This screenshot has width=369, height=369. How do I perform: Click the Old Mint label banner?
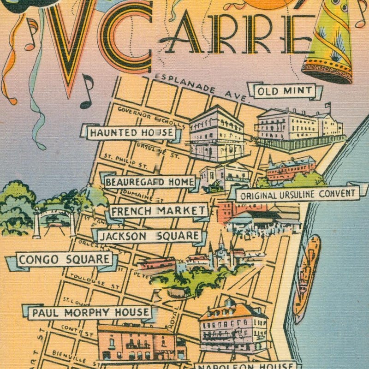point(284,91)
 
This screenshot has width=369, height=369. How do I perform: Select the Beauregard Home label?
point(150,182)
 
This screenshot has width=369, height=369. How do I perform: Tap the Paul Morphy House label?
point(90,313)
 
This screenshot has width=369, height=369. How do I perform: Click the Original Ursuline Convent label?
point(298,194)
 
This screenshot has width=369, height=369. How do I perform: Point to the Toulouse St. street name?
point(94,280)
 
